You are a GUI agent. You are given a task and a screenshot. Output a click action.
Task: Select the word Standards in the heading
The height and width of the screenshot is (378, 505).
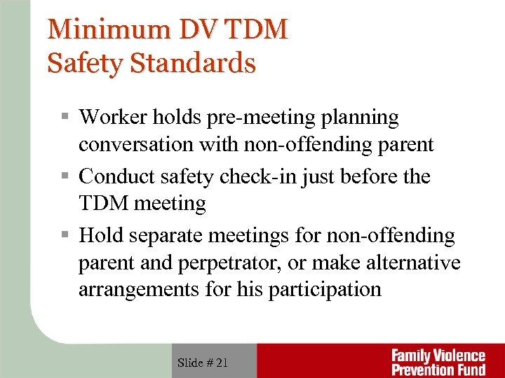(x=193, y=63)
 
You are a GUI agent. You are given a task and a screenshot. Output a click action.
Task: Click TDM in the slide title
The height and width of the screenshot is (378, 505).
(x=257, y=29)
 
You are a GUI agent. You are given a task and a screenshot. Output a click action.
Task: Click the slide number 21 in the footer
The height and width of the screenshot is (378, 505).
(x=220, y=363)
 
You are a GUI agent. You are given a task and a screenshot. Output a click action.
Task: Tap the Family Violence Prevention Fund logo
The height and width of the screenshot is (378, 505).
(x=438, y=361)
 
